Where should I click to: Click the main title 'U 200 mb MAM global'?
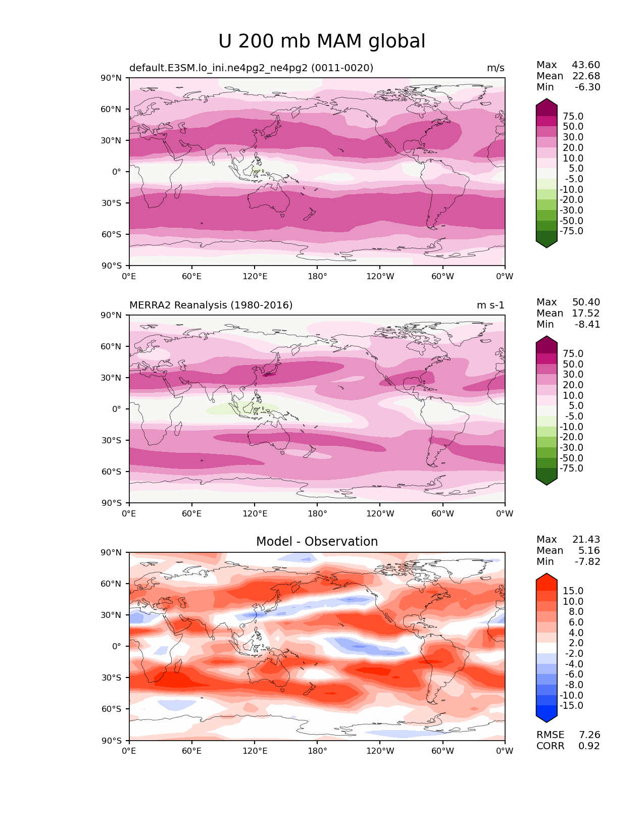[x=322, y=41]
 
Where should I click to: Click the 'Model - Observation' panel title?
[x=317, y=542]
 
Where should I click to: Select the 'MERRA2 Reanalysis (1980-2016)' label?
[x=211, y=305]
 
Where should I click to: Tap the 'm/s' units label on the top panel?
[x=496, y=68]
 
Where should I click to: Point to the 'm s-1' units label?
[x=490, y=305]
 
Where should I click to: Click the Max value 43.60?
[x=586, y=65]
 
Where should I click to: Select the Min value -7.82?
[x=587, y=561]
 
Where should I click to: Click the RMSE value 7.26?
[x=589, y=735]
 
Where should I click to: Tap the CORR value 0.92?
[x=589, y=746]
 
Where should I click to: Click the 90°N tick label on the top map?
[x=112, y=78]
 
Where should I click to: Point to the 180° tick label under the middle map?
[x=317, y=513]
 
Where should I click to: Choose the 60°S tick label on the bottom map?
[x=112, y=709]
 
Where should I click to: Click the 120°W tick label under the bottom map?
[x=380, y=751]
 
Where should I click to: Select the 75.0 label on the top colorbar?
[x=573, y=116]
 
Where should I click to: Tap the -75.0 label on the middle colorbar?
[x=571, y=468]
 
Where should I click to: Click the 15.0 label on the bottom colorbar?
[x=573, y=591]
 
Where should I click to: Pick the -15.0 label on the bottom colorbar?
[x=571, y=705]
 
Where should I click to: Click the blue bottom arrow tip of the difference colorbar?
[x=547, y=719]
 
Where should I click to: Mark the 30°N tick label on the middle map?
[x=112, y=378]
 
